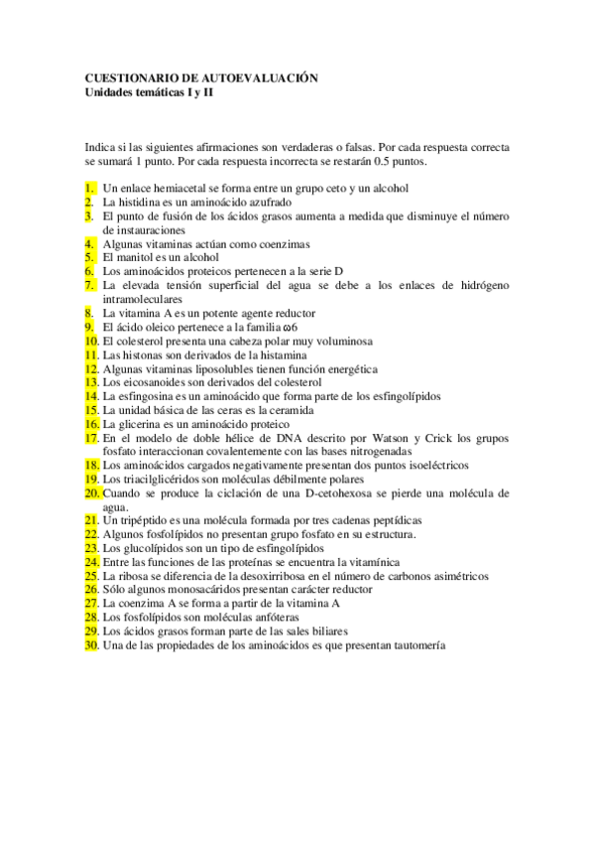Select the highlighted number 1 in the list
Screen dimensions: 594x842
(90, 188)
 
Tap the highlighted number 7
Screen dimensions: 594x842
(90, 285)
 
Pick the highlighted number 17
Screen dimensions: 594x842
(91, 437)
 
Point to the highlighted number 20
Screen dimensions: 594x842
(92, 492)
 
